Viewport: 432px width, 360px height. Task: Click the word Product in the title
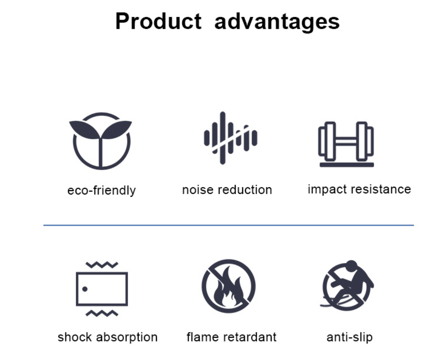tap(158, 21)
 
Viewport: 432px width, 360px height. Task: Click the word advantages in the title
tap(277, 22)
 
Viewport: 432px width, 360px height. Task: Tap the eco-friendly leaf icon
tap(100, 140)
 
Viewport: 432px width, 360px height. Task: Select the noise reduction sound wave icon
tap(231, 138)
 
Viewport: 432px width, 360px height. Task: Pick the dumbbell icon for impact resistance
tap(346, 144)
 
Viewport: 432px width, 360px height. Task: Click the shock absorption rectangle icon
tap(102, 289)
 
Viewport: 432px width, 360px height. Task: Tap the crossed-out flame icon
tap(228, 286)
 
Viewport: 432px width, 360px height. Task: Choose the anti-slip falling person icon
tap(347, 285)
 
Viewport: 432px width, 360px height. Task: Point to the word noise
tap(198, 190)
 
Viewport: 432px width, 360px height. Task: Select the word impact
tap(327, 190)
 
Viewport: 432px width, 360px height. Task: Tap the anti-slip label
tap(350, 337)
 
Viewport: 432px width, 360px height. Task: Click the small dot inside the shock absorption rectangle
tap(85, 289)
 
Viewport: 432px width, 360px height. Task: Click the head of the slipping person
tap(351, 266)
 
